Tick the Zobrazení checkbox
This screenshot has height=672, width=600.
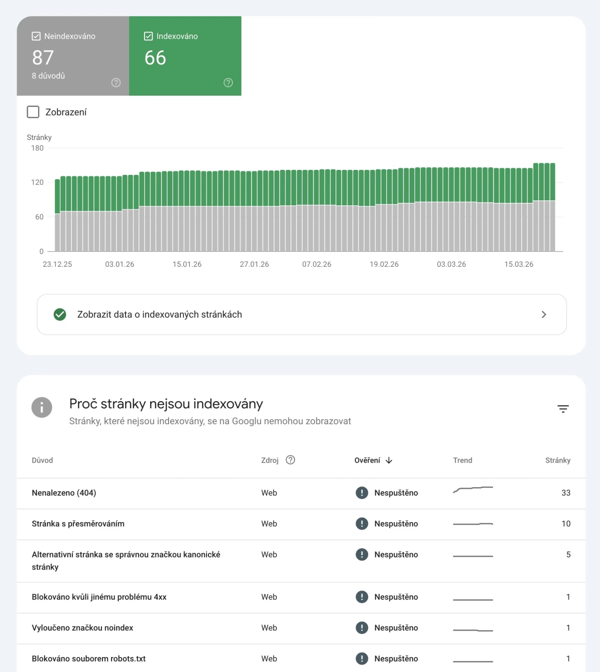click(33, 112)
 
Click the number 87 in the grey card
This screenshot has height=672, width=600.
click(43, 58)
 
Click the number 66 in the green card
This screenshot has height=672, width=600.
click(155, 58)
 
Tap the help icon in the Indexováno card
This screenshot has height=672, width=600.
click(228, 83)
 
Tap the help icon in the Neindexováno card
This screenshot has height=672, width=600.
click(116, 83)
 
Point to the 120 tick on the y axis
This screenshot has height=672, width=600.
click(37, 182)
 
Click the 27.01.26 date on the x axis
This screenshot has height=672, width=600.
click(254, 264)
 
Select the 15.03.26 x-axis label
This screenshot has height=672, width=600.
click(518, 264)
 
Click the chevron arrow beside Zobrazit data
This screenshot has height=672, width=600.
click(544, 314)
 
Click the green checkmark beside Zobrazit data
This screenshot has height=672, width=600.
click(60, 314)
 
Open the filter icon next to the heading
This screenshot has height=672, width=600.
click(563, 409)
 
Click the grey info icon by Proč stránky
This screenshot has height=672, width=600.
click(41, 408)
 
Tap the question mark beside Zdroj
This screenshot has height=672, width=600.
click(290, 460)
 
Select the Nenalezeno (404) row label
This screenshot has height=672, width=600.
click(64, 493)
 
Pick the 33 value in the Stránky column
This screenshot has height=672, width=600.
click(565, 493)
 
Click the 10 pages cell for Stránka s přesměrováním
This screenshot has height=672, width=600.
click(565, 524)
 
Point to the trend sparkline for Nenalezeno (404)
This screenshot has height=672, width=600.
click(472, 489)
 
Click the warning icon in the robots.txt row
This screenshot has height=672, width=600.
click(361, 659)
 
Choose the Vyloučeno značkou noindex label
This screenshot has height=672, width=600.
click(82, 628)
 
